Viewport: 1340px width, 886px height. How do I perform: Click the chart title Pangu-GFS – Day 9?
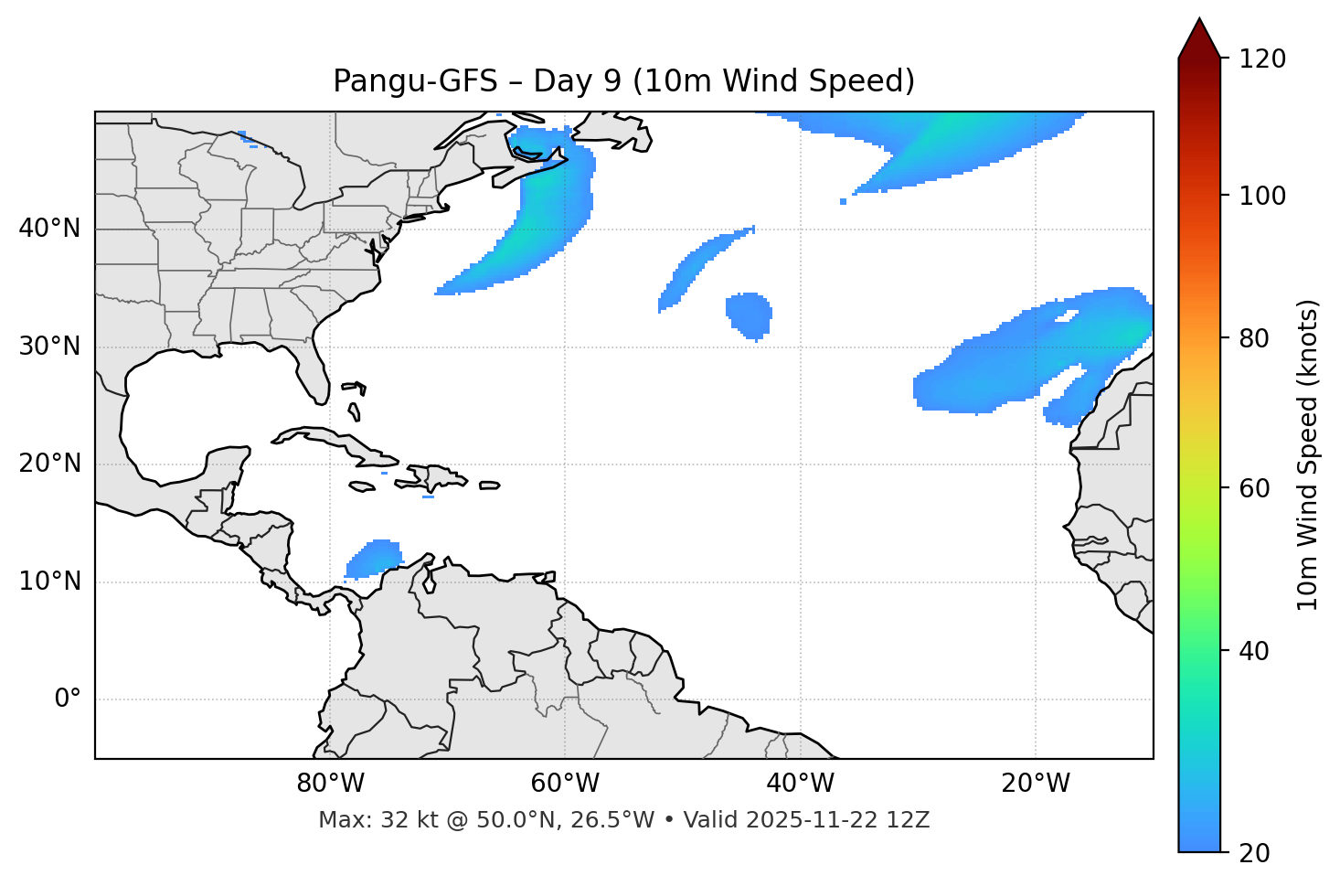coord(623,81)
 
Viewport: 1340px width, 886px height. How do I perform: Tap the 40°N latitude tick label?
coord(49,229)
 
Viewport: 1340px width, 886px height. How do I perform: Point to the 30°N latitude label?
coord(49,347)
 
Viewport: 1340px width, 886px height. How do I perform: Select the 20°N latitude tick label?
coord(49,464)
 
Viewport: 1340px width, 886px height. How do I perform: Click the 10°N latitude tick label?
coord(49,582)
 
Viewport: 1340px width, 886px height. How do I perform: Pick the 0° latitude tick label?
coord(68,699)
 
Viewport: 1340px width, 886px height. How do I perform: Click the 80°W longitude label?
coord(330,784)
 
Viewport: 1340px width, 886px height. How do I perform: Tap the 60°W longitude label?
coord(565,784)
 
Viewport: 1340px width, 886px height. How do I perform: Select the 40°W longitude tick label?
coord(800,784)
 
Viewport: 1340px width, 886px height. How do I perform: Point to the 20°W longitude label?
coord(1035,784)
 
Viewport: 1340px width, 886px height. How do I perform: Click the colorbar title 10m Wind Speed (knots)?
coord(1309,454)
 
